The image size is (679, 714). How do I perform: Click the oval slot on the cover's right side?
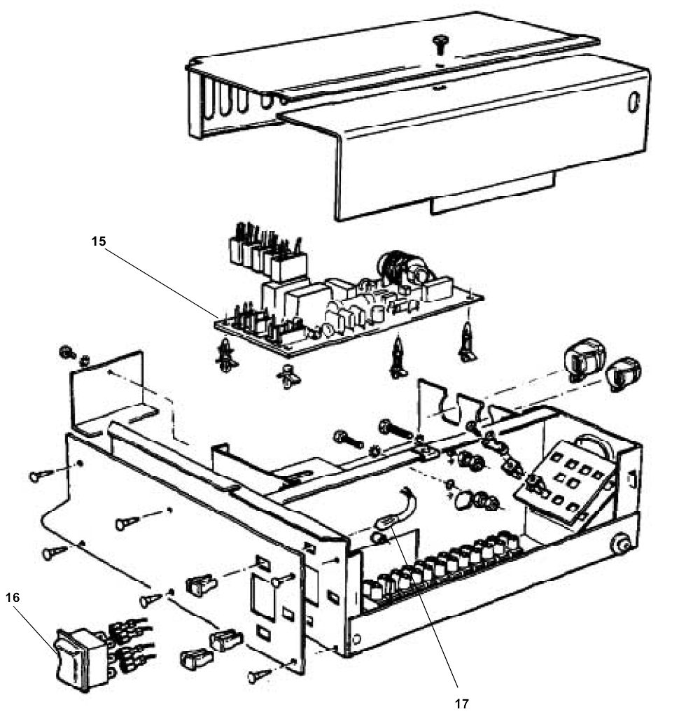(x=634, y=103)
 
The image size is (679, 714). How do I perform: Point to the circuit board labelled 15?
(x=350, y=308)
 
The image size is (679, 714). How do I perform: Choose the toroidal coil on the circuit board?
(x=393, y=270)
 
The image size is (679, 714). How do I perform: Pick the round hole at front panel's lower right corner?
(x=358, y=640)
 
